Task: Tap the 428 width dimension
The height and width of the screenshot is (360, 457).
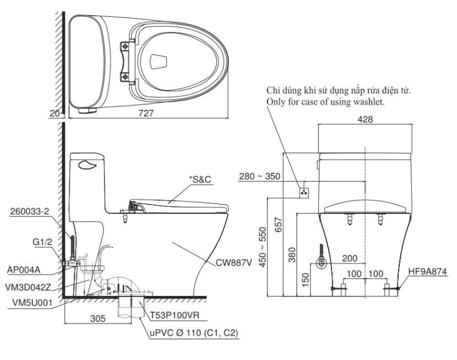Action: tap(365, 118)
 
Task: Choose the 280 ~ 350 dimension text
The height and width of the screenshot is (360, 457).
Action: tap(258, 176)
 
